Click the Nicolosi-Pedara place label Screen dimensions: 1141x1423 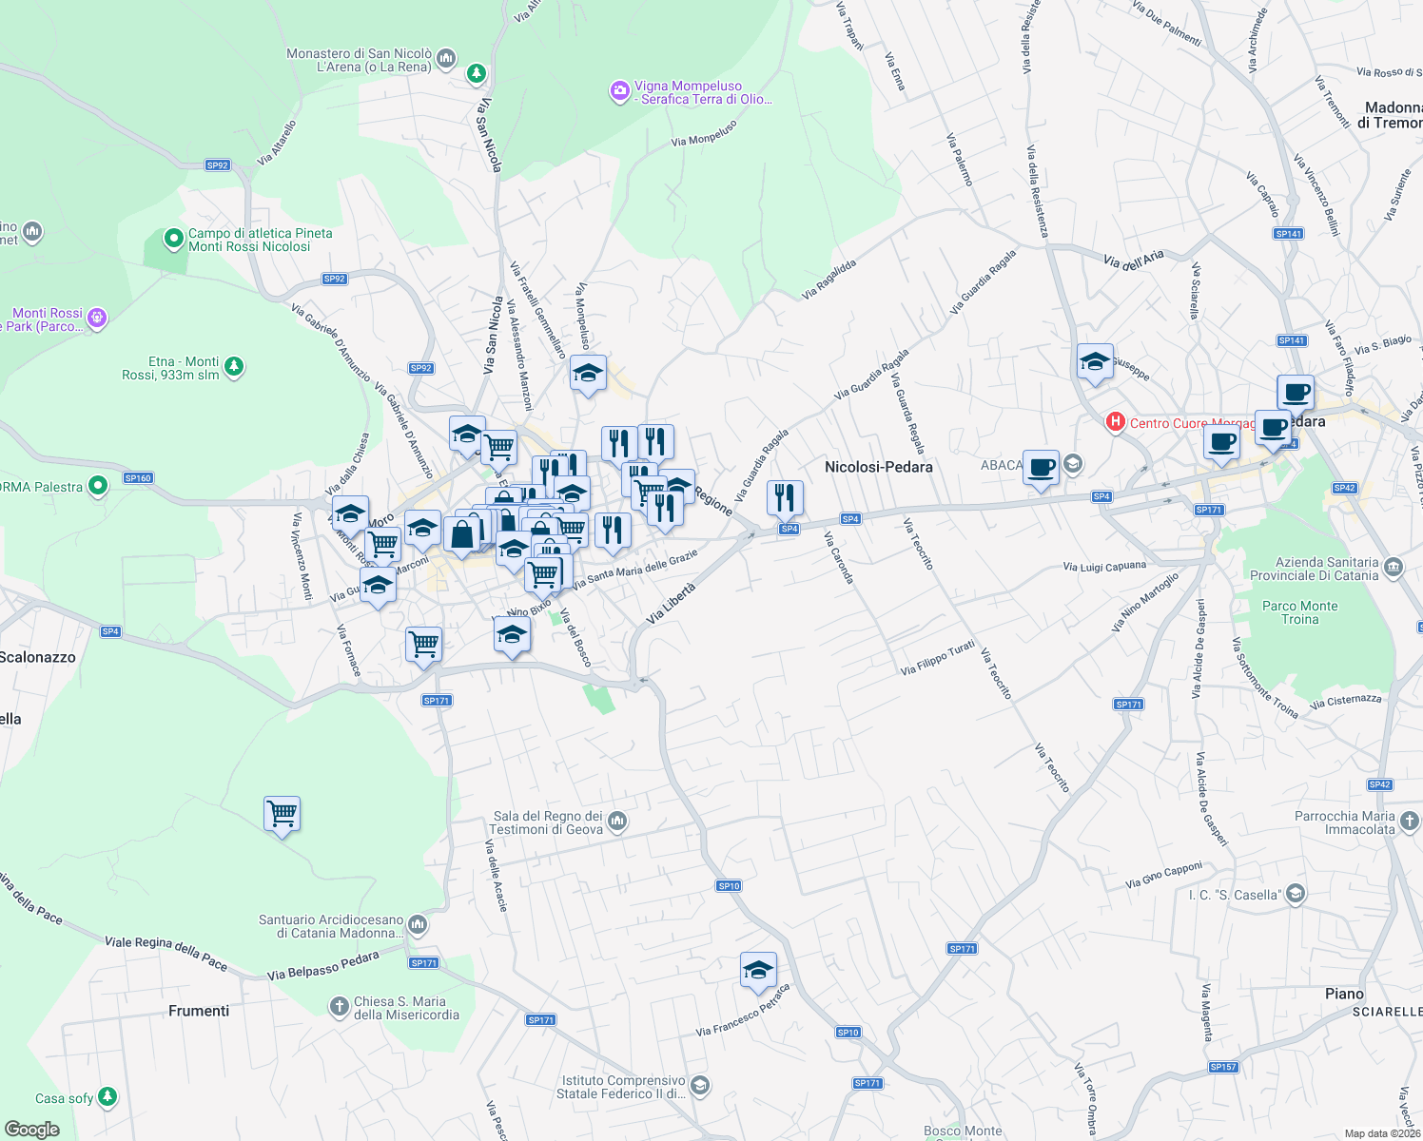point(878,467)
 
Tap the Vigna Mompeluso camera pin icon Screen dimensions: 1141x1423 point(619,91)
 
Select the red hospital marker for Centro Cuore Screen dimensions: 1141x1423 point(1115,421)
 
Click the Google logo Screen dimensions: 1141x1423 point(31,1130)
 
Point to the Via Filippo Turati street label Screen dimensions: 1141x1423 point(938,657)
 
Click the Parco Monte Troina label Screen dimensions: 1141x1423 point(1299,612)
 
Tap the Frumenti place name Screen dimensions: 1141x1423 point(199,1011)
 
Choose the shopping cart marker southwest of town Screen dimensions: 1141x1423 point(282,815)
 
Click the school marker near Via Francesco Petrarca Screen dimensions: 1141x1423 point(758,971)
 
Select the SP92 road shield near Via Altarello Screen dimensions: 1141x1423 point(218,165)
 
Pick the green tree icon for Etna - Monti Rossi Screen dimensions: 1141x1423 point(234,366)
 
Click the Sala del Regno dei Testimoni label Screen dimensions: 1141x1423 point(548,822)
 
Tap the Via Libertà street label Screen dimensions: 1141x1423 point(672,603)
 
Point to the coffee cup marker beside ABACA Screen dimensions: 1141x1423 point(1042,468)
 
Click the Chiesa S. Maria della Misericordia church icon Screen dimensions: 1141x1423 point(339,1006)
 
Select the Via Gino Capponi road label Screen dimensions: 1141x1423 point(1163,875)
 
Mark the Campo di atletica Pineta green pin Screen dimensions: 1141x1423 point(173,239)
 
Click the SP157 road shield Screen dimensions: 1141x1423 point(1223,1067)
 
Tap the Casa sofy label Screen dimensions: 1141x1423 point(64,1098)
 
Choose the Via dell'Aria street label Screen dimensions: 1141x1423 point(1134,260)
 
